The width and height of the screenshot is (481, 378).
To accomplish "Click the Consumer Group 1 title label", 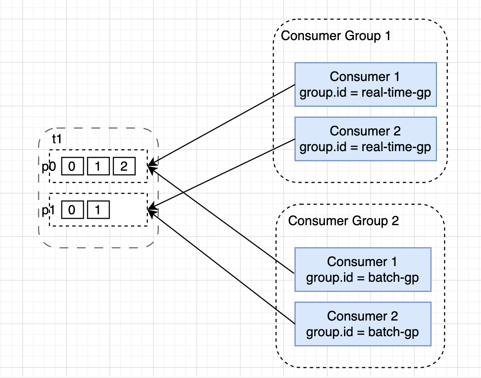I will [336, 36].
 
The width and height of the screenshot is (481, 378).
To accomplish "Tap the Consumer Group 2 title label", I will [343, 221].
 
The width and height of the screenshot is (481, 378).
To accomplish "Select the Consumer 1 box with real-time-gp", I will [365, 84].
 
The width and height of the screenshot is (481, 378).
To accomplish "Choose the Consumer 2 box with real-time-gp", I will [365, 138].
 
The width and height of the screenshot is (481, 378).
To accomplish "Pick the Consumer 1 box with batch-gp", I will [362, 269].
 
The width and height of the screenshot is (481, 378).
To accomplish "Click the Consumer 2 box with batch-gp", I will [362, 324].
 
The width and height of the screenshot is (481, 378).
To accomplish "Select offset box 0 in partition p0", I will [72, 167].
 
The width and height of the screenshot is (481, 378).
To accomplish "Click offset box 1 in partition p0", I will [98, 167].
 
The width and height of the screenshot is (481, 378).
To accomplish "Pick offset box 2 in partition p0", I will [124, 167].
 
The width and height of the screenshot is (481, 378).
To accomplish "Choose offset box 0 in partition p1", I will [72, 210].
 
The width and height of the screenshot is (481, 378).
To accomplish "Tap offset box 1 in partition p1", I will [98, 210].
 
